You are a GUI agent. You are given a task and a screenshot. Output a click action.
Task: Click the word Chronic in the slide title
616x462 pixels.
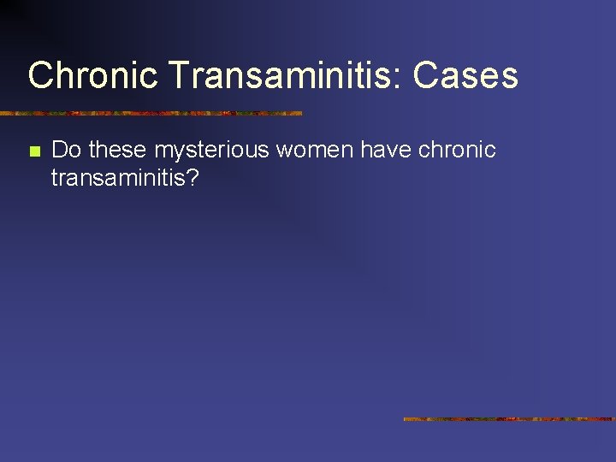92,75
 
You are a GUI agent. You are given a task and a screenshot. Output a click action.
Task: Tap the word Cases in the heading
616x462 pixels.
465,75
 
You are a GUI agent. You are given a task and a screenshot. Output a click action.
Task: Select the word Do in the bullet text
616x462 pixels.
67,151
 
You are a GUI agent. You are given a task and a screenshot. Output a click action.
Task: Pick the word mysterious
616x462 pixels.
211,151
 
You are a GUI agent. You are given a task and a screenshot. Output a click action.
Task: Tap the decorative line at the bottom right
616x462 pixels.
509,419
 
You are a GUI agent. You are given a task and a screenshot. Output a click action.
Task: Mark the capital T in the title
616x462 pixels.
179,75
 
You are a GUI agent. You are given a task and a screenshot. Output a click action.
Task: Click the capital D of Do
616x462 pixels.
60,151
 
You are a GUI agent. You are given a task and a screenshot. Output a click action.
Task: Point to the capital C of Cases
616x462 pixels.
424,75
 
